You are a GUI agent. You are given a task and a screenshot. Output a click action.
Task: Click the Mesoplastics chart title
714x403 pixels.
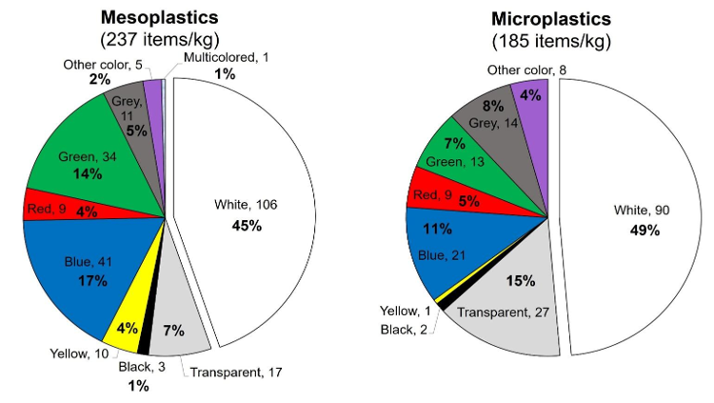tap(159, 17)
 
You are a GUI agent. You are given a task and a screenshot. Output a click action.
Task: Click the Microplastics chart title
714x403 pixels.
tap(551, 19)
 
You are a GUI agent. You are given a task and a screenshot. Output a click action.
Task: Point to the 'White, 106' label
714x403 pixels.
tap(246, 205)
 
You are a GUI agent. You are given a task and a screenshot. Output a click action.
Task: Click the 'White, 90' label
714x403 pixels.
tap(642, 211)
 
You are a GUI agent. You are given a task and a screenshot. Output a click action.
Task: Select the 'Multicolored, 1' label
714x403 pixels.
tap(226, 57)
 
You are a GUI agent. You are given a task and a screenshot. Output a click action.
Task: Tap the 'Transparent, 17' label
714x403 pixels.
tap(236, 373)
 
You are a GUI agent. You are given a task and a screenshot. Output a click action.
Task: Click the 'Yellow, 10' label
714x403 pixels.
tap(80, 353)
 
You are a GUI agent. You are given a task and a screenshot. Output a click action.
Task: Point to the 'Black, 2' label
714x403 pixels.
tap(404, 329)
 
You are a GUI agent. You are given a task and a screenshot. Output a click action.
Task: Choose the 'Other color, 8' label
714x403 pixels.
tap(526, 71)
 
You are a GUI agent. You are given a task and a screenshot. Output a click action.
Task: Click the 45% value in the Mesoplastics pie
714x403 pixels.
tap(247, 226)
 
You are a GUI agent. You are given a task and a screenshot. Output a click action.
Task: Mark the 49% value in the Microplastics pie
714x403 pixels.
tap(645, 231)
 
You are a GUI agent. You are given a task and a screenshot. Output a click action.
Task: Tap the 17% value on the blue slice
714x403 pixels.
tap(93, 281)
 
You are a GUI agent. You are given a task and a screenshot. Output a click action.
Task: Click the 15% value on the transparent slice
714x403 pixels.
tap(521, 281)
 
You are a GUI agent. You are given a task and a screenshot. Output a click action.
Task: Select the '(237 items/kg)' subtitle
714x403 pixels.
tap(160, 40)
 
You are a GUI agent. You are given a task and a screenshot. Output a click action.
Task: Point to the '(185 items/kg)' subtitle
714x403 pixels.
tap(551, 42)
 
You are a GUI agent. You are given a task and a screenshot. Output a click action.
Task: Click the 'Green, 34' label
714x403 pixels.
tap(88, 157)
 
